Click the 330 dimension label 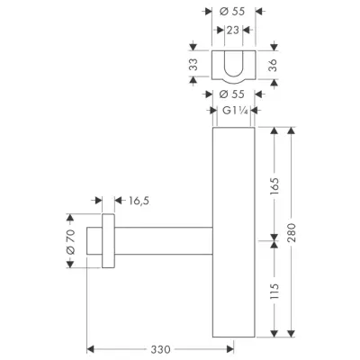coord(160,349)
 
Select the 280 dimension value coord(292,233)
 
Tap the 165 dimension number coord(274,186)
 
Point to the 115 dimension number coord(274,291)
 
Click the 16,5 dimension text coord(139,201)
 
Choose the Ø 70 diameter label coord(70,242)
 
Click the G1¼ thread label coord(235,111)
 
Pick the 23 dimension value coord(232,30)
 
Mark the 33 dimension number coord(194,65)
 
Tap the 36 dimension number coord(273,65)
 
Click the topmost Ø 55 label coord(232,12)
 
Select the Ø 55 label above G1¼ coord(232,94)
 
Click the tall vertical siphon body coord(234,232)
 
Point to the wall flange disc coord(108,241)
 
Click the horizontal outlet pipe coord(164,241)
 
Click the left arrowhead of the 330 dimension coord(90,349)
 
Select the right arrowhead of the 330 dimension coord(230,349)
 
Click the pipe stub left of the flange coord(94,241)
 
